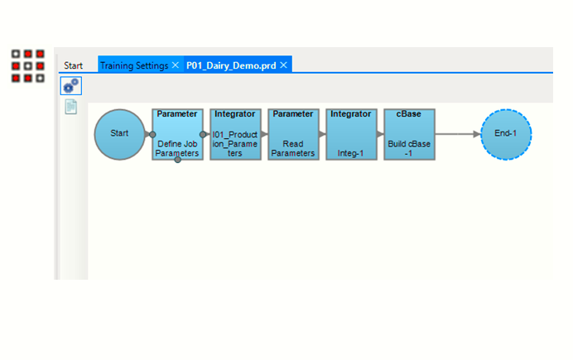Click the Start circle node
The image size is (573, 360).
[120, 133]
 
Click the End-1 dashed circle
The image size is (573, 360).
[506, 133]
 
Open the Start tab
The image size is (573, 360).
[74, 65]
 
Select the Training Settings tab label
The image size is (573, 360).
[134, 65]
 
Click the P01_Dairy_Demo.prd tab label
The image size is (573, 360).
[230, 65]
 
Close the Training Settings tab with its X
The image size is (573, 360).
[175, 65]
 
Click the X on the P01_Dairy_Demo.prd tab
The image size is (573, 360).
[283, 65]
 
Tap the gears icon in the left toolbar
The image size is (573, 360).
[71, 86]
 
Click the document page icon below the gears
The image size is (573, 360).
[71, 107]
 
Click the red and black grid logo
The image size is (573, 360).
[27, 65]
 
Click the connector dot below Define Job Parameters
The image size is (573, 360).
[177, 161]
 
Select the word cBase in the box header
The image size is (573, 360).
[409, 114]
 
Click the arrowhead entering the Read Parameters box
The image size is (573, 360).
[265, 133]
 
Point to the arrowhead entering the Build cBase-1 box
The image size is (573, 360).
[381, 133]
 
